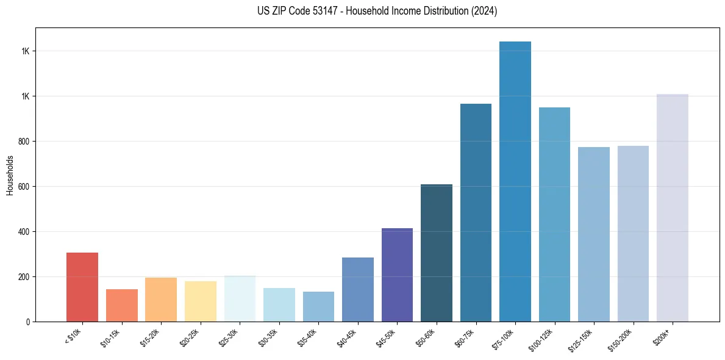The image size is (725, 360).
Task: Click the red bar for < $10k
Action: pos(82,287)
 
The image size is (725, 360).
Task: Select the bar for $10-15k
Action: pos(122,305)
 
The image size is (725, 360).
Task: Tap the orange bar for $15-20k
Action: pos(161,300)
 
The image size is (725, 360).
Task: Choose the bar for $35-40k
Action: pos(318,306)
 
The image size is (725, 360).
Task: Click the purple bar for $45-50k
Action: pos(397,275)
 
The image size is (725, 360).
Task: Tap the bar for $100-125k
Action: pos(554,214)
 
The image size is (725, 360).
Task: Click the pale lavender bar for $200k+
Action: pos(673,207)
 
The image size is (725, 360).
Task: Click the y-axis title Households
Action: pos(10,175)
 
